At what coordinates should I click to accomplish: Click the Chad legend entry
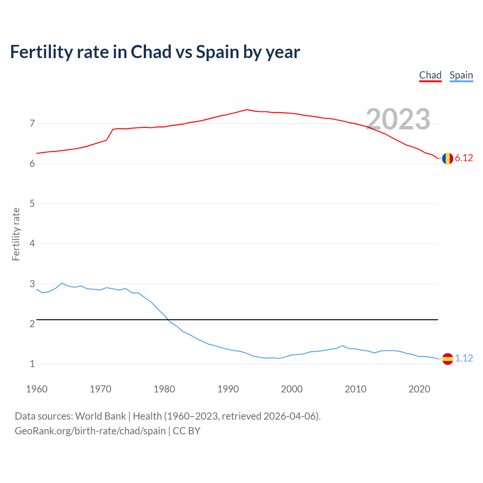[x=430, y=75]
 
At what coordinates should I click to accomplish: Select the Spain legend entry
[x=461, y=75]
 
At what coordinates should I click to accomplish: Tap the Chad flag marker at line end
[x=448, y=158]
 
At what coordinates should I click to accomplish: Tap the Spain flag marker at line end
[x=448, y=358]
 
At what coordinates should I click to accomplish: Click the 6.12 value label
[x=464, y=158]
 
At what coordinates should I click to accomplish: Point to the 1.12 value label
[x=464, y=358]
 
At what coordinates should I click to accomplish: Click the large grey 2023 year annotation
[x=398, y=119]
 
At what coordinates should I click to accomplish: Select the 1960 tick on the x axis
[x=37, y=389]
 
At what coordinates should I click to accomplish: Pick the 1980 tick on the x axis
[x=164, y=389]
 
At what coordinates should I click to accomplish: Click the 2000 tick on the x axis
[x=292, y=389]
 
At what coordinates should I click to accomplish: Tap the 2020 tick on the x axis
[x=419, y=389]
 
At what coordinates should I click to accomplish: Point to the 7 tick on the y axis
[x=32, y=123]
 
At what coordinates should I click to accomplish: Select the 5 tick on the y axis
[x=32, y=204]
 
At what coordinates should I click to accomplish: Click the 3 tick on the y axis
[x=32, y=284]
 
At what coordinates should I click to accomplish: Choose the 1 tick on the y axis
[x=32, y=364]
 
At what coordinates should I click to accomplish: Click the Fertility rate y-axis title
[x=16, y=234]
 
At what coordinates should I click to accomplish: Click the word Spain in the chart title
[x=217, y=52]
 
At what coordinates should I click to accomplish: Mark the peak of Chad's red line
[x=247, y=109]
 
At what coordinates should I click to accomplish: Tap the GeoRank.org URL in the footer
[x=90, y=431]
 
